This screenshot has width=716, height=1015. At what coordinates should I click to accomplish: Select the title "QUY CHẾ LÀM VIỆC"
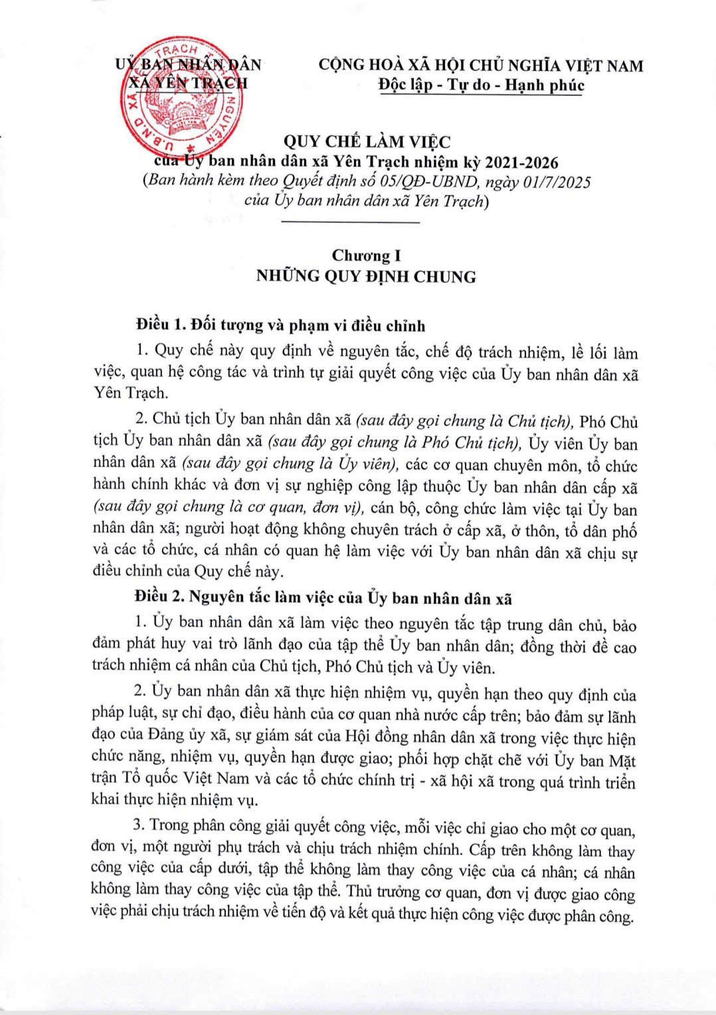(367, 141)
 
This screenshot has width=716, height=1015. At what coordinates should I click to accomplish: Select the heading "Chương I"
(366, 255)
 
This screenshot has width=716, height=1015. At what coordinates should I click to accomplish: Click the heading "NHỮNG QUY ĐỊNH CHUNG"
(366, 276)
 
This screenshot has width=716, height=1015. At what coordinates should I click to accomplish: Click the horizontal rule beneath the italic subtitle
(351, 222)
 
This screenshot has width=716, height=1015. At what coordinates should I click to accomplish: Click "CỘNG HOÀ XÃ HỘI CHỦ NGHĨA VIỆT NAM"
(481, 65)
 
